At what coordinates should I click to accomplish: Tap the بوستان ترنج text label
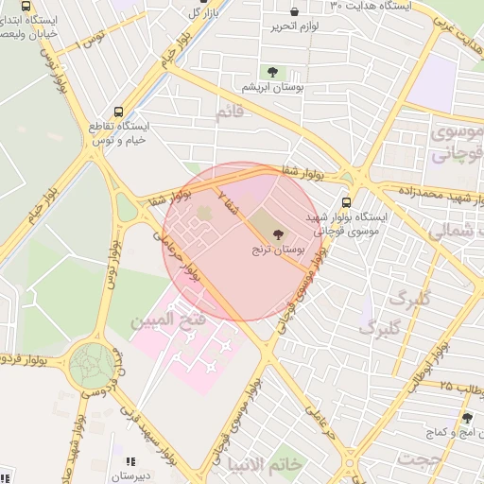pyautogui.click(x=279, y=251)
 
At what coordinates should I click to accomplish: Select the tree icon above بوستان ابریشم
pyautogui.click(x=272, y=72)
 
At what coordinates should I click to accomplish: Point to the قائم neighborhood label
pyautogui.click(x=231, y=113)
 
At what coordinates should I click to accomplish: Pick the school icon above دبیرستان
pyautogui.click(x=130, y=461)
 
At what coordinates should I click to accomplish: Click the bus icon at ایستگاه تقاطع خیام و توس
pyautogui.click(x=117, y=111)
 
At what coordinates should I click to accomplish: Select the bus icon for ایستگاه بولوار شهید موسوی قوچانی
pyautogui.click(x=345, y=201)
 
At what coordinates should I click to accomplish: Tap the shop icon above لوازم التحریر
pyautogui.click(x=296, y=11)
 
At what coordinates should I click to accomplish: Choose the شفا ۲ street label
pyautogui.click(x=228, y=199)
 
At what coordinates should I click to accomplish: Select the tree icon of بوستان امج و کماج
pyautogui.click(x=467, y=418)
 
